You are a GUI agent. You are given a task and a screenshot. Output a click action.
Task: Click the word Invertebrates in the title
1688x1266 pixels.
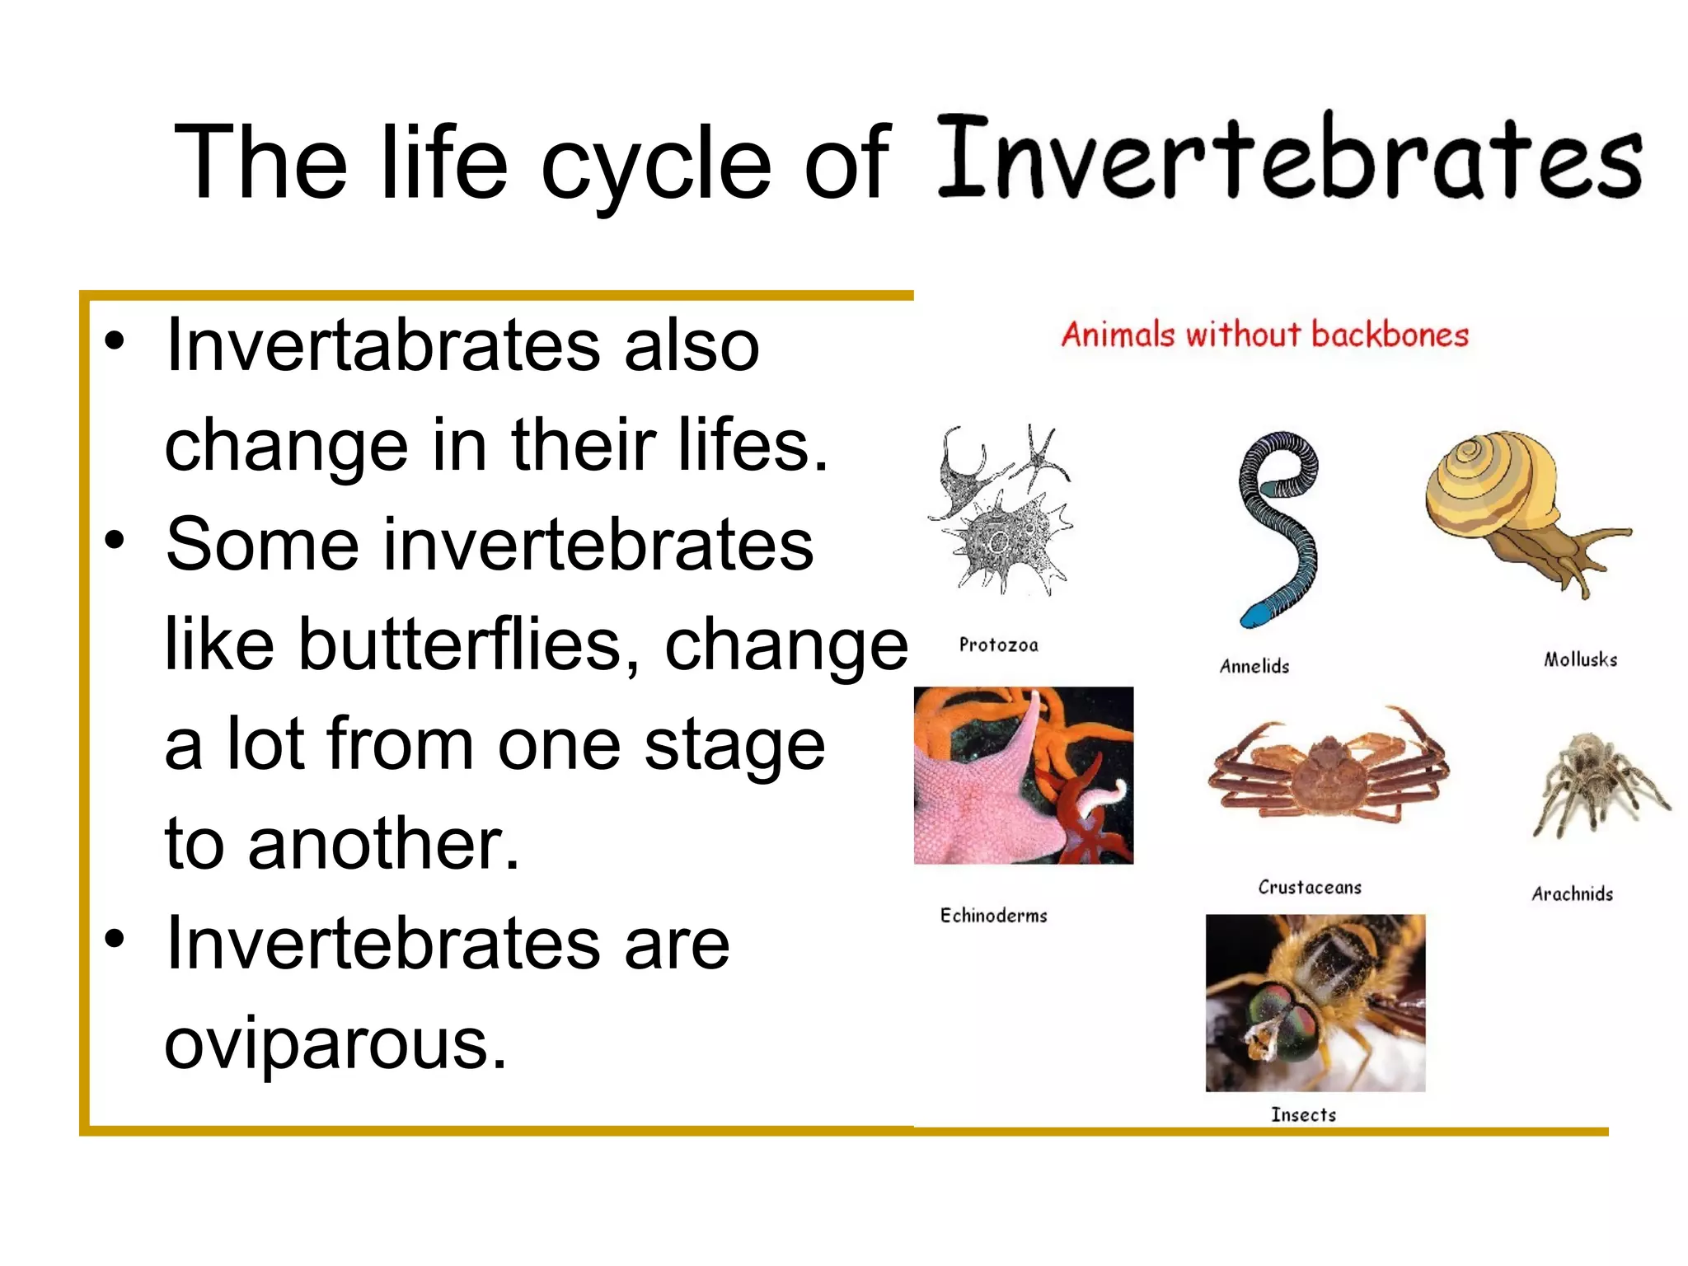1290,157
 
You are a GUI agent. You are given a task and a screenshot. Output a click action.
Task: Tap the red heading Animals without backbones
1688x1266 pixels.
1264,335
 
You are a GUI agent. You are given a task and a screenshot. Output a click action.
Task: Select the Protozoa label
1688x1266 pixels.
998,645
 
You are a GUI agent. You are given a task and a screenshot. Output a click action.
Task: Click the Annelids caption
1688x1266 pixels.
1254,666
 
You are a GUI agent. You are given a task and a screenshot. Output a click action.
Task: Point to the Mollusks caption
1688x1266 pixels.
1580,659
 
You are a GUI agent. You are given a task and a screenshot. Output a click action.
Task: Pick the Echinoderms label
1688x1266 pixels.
993,915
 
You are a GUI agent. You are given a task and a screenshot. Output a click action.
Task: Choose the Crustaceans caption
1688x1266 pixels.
1309,887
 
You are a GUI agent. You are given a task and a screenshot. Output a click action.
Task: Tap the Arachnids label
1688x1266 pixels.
1572,893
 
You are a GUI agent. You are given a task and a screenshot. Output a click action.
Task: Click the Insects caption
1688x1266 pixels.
1303,1114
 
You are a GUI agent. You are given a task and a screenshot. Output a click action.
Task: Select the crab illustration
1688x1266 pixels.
1327,771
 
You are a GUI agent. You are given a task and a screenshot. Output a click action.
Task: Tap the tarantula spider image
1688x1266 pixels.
1595,783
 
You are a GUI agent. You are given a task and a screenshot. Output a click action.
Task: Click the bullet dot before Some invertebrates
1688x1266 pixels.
115,540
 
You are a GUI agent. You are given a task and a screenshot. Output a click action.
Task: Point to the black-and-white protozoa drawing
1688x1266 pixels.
1001,511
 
